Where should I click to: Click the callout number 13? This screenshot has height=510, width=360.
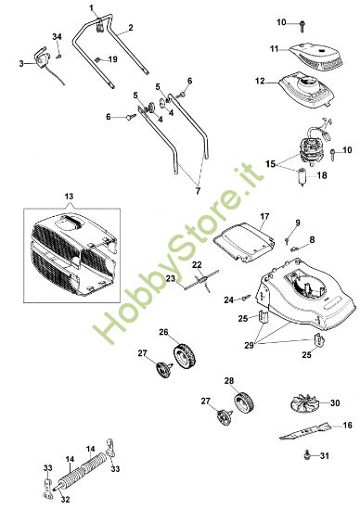coord(68,196)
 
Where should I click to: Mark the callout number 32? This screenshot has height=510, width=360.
coord(65,497)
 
